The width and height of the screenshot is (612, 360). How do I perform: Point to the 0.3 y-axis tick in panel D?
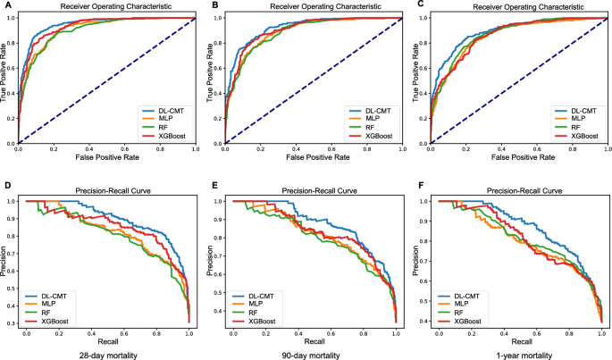(x=17, y=319)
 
